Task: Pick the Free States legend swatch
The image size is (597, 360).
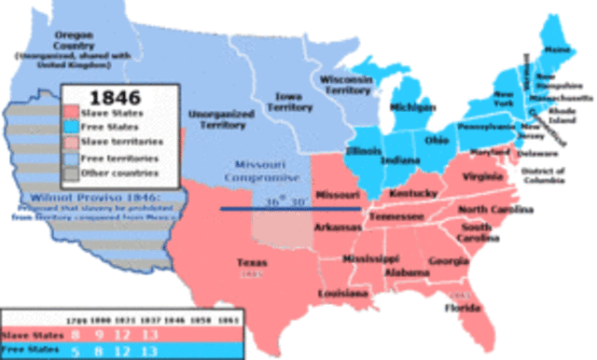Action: coord(75,126)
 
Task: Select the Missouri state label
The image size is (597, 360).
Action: coord(338,195)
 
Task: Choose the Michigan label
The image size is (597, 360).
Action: coord(414,107)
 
